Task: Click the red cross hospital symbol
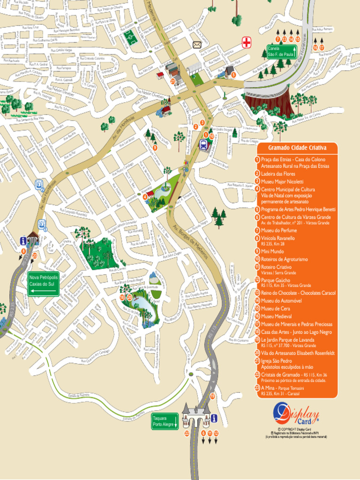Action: click(247, 43)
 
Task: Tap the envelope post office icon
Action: click(196, 45)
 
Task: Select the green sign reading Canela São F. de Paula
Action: click(280, 51)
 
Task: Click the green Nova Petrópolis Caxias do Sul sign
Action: click(43, 284)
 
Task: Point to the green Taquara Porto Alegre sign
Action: click(165, 421)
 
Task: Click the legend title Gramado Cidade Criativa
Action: click(297, 148)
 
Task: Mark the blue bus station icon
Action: click(204, 144)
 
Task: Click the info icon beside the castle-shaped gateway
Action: click(214, 418)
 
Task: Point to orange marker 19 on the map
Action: click(212, 396)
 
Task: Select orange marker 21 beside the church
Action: click(172, 81)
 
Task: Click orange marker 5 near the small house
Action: click(233, 74)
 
